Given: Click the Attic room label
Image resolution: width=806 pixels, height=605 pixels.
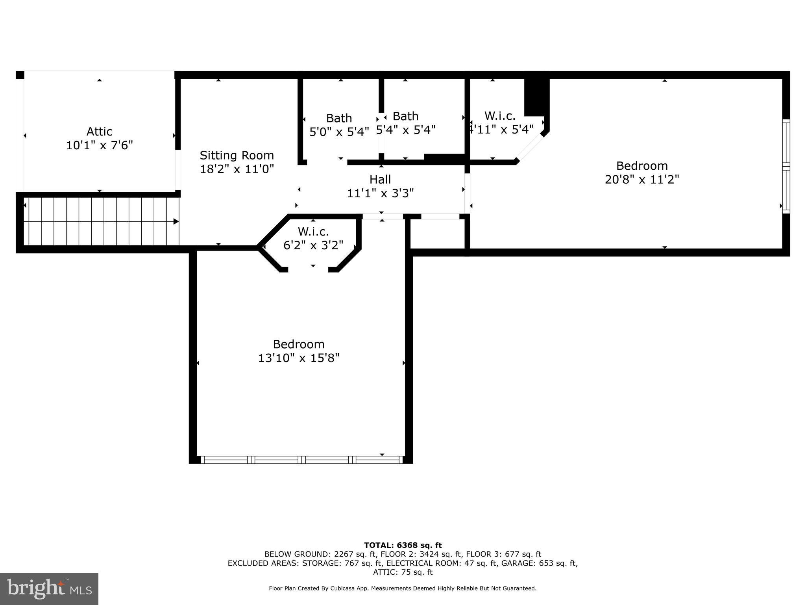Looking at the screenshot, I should [x=99, y=132].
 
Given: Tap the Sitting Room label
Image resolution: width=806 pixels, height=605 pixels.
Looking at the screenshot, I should [x=237, y=155].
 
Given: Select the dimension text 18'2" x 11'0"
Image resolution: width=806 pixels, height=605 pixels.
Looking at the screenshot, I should [x=237, y=169].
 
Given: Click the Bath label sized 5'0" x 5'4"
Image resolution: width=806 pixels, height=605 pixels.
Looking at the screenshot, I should [x=339, y=118].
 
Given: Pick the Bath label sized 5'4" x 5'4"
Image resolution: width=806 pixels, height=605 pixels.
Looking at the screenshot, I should [x=405, y=116].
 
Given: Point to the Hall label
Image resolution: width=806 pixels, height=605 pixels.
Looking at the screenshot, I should [x=380, y=180].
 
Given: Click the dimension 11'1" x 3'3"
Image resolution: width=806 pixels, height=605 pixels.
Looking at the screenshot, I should [x=380, y=193].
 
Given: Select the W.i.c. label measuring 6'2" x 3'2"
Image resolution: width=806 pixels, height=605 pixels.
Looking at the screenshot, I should [x=313, y=231].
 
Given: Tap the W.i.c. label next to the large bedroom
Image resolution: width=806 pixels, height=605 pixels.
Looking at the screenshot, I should [x=500, y=116].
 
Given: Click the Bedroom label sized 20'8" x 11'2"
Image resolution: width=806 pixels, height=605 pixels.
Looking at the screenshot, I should [x=641, y=165].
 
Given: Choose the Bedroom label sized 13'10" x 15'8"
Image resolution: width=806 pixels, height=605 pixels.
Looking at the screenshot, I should [x=298, y=344].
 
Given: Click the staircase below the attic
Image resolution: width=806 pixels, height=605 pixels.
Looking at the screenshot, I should [x=98, y=221].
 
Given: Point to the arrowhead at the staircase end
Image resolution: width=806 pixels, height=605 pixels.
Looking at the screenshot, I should [x=176, y=221].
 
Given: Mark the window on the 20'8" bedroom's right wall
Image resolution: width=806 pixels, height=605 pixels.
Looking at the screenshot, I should [x=786, y=166].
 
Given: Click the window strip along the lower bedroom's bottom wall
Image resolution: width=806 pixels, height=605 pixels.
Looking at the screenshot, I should [x=301, y=459].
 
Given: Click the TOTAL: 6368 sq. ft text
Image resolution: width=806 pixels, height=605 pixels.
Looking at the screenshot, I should [x=403, y=546].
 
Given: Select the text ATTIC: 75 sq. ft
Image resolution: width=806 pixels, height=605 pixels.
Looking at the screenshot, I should [x=403, y=572].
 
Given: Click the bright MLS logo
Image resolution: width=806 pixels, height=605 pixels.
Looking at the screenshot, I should [x=49, y=588].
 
